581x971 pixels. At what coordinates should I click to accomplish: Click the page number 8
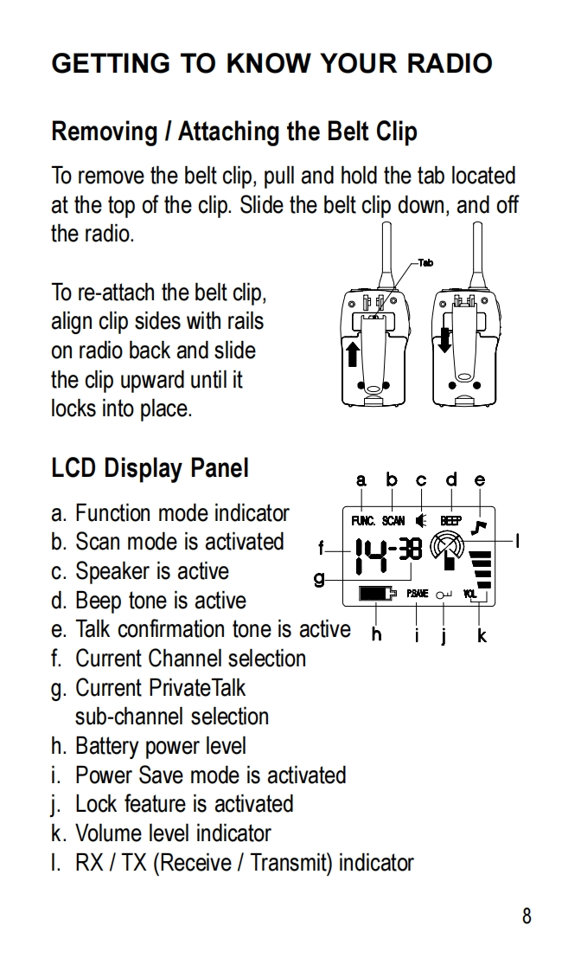coord(527,916)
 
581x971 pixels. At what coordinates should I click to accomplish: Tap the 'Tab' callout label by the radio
coord(425,263)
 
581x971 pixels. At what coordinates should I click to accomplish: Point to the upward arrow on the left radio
coord(353,353)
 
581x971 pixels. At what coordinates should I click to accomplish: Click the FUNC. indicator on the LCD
coord(362,521)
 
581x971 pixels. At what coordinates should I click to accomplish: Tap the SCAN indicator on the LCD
coord(393,521)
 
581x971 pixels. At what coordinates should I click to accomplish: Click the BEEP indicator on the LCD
coord(450,521)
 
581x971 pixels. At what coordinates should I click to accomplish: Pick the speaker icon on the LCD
coord(421,521)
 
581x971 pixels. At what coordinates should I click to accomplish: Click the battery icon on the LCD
coord(375,594)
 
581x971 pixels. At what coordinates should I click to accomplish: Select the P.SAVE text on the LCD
coord(417,594)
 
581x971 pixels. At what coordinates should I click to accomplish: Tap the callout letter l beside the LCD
coord(516,542)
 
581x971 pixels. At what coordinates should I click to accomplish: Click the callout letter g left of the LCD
coord(319,578)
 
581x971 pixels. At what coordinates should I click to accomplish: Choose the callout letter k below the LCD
coord(482,636)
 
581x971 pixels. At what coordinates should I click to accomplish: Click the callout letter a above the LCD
coord(361,480)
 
